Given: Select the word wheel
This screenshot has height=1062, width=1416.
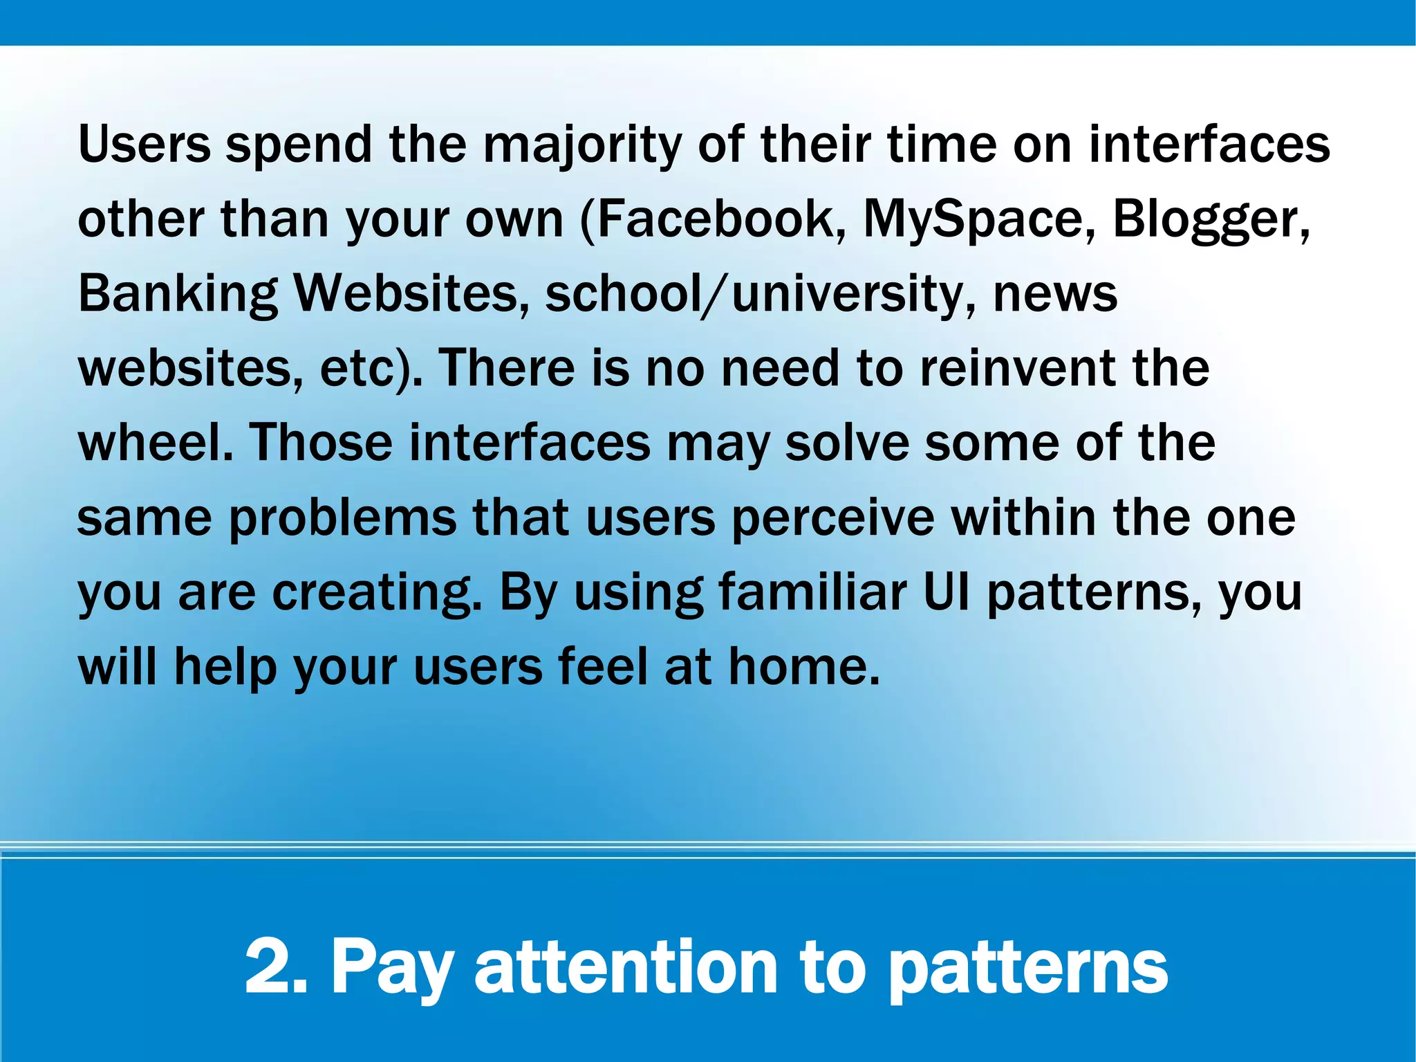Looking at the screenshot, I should click(x=155, y=443).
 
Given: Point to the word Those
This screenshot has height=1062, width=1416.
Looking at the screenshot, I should click(x=321, y=443).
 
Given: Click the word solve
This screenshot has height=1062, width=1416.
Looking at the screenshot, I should click(x=847, y=443).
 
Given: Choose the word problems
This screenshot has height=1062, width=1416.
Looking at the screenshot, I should click(x=342, y=518).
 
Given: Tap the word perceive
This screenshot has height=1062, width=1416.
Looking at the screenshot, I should click(x=833, y=518).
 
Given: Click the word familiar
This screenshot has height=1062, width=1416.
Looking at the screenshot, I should click(x=812, y=592).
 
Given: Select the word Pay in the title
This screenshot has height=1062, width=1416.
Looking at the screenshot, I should click(x=392, y=968).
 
